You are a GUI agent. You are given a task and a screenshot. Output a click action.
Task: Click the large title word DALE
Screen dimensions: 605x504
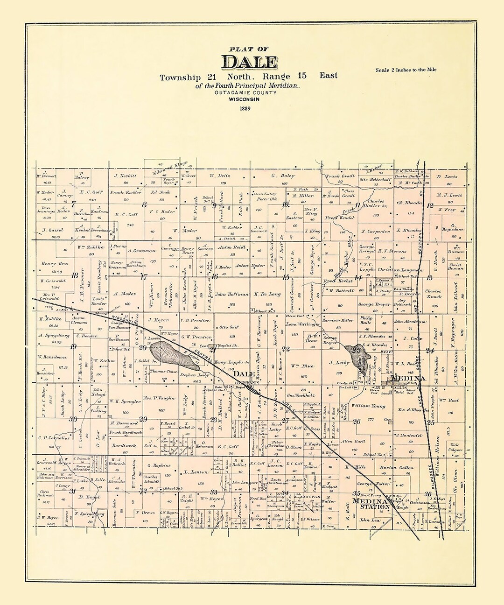[249, 62]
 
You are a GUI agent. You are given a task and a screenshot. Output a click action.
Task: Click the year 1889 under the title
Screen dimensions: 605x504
[245, 109]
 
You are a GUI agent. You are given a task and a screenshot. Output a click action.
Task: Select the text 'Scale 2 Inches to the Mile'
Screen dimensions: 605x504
[406, 70]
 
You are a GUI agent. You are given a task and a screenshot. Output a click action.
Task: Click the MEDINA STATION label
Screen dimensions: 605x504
[371, 504]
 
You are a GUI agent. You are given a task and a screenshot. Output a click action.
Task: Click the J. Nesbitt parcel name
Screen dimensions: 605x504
[126, 176]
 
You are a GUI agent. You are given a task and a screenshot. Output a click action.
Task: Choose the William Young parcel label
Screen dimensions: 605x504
[369, 406]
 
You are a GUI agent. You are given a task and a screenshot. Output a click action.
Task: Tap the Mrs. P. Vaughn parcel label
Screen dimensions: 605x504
[159, 398]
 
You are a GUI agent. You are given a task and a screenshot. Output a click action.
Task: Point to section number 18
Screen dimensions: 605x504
[75, 275]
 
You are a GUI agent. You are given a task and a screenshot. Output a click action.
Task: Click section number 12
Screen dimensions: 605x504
[430, 205]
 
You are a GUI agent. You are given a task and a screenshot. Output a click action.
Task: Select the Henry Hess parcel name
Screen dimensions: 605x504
[55, 264]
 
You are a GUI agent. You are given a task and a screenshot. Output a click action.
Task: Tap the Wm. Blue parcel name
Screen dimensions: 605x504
[301, 366]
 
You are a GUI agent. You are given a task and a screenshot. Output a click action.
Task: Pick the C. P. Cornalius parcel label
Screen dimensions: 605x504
[53, 438]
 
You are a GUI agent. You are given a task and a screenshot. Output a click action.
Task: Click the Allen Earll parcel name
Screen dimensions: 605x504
[353, 441]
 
